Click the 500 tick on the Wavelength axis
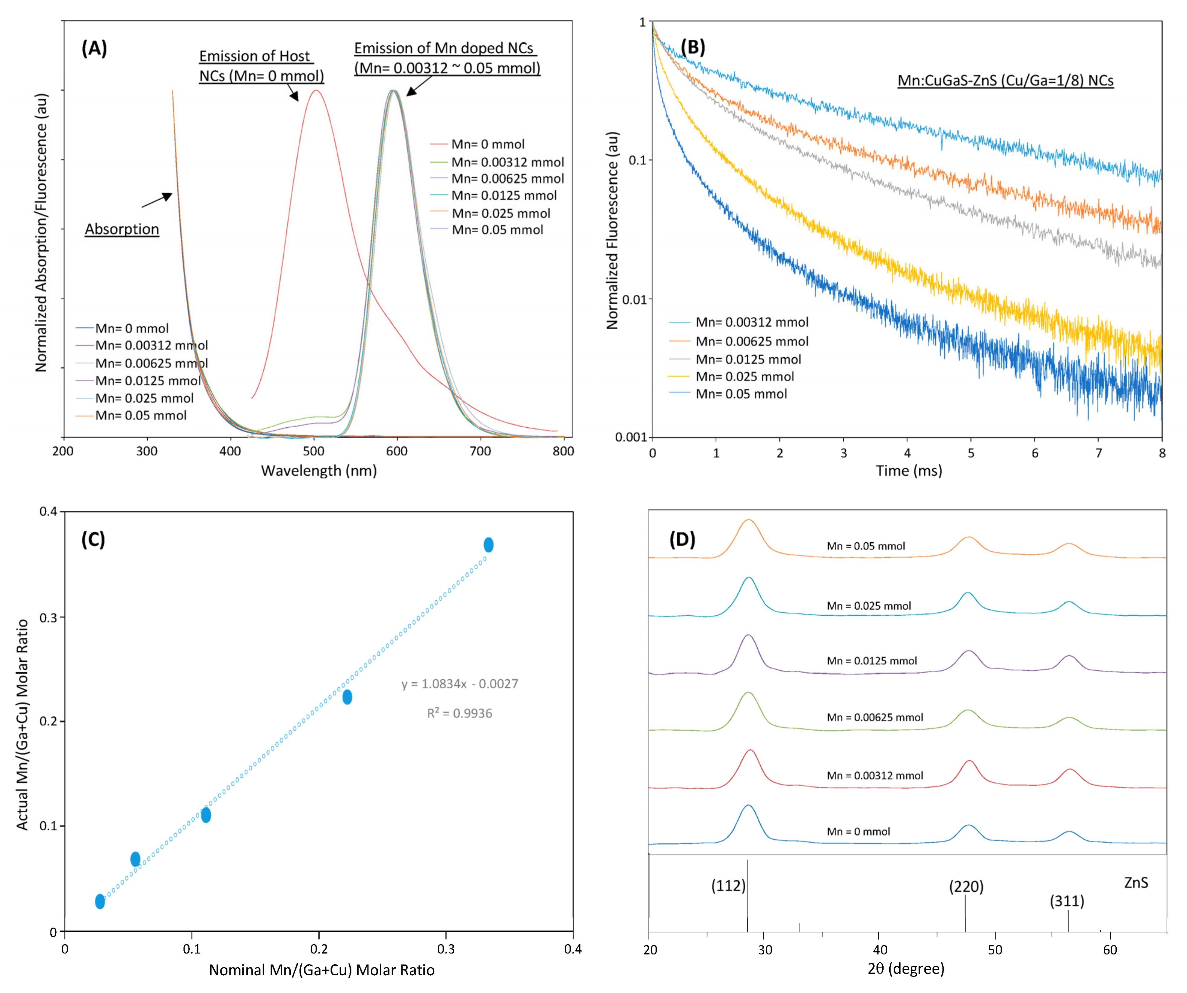(x=313, y=451)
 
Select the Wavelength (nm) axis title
(x=319, y=471)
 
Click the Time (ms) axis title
(x=909, y=471)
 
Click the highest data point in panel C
(x=488, y=545)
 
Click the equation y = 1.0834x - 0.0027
(x=459, y=684)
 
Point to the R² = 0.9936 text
(x=459, y=713)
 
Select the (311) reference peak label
(x=1067, y=901)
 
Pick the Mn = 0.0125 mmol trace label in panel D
(x=872, y=661)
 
